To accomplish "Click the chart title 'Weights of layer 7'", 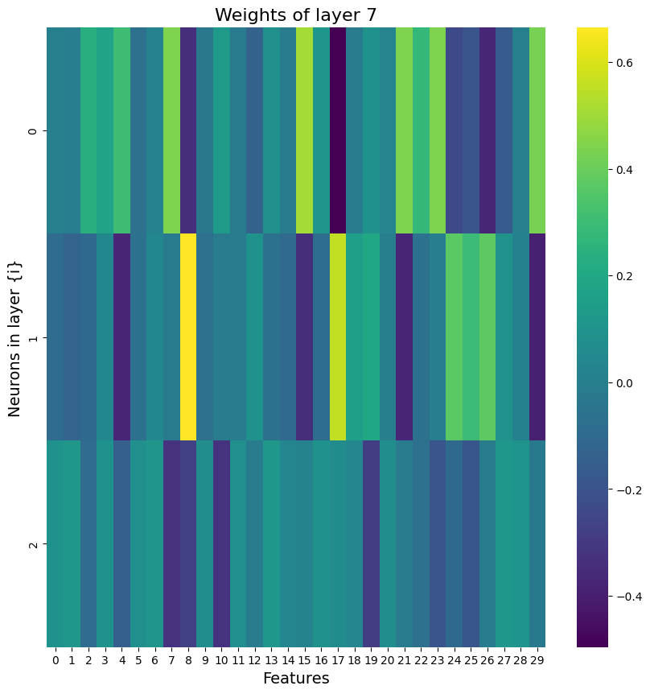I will click(x=296, y=15).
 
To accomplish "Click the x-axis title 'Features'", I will click(x=296, y=679).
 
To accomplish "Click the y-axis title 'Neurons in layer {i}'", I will click(x=14, y=337).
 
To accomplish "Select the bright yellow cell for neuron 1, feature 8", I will click(x=188, y=337).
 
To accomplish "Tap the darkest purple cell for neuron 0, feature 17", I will click(x=338, y=130).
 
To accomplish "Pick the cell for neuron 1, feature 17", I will click(x=338, y=337).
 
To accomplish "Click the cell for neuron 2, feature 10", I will click(x=221, y=543).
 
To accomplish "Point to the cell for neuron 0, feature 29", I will click(x=537, y=130).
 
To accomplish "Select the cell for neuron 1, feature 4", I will click(x=121, y=337).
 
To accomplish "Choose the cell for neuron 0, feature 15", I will click(x=304, y=130).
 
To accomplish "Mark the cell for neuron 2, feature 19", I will click(x=371, y=543).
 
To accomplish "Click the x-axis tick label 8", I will click(x=188, y=660).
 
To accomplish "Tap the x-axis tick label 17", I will click(x=338, y=660).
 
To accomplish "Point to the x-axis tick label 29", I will click(x=537, y=660).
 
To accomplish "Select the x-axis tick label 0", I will click(x=55, y=660).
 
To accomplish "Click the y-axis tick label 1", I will click(x=32, y=337).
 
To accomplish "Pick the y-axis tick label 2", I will click(x=32, y=544).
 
